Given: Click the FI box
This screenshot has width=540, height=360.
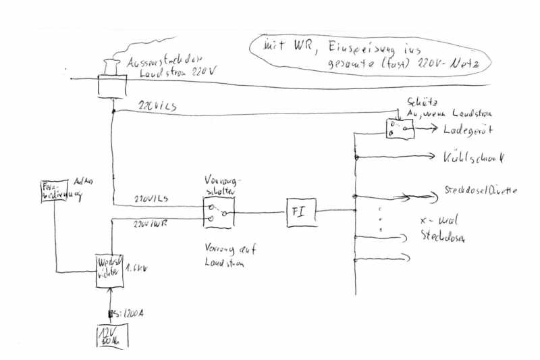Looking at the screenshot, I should click(x=299, y=211).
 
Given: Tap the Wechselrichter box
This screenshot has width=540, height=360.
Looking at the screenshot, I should click(x=109, y=269).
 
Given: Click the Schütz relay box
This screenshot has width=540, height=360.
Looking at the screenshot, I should click(x=399, y=129).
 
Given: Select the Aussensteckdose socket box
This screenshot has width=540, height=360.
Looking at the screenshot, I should click(x=112, y=86).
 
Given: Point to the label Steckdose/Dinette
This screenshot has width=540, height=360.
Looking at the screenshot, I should click(x=481, y=191).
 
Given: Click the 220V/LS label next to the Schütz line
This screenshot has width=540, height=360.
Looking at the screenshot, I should click(x=157, y=107).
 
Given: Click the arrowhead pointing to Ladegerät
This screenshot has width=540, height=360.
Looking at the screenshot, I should click(x=437, y=130).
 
